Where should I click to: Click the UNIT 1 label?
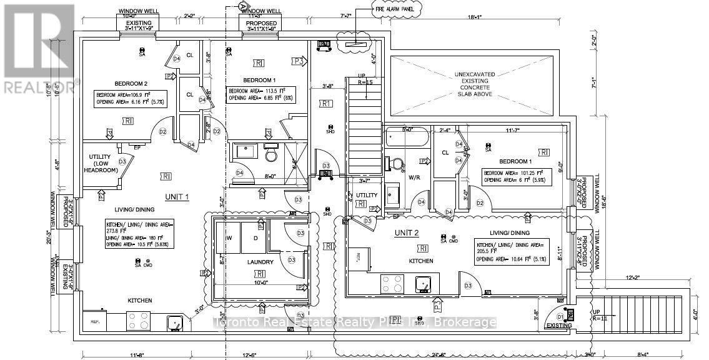point(177,197)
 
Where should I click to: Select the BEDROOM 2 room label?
point(131,83)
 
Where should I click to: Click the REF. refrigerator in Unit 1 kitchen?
point(96,321)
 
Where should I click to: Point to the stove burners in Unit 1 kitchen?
point(140,321)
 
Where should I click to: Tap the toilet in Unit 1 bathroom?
point(271,152)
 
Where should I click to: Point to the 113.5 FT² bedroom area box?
point(261,94)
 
